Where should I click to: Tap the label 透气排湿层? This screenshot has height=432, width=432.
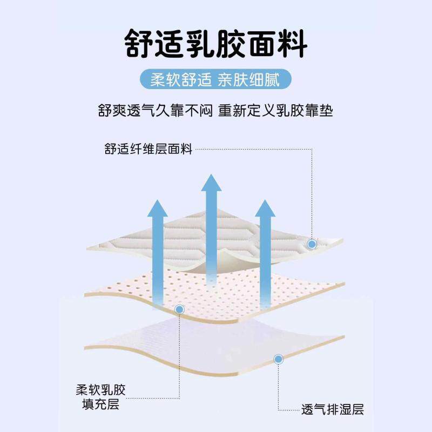332,409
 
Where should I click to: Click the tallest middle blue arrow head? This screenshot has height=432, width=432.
212,183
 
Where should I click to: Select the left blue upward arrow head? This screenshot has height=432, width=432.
157,208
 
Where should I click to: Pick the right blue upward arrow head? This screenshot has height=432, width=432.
265,208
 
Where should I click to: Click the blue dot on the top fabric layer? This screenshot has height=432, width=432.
312,244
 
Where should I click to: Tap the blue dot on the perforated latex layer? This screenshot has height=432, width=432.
180,309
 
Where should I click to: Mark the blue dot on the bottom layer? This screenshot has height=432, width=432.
279,358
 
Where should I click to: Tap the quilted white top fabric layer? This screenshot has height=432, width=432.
216,238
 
